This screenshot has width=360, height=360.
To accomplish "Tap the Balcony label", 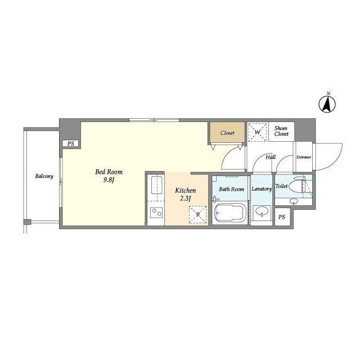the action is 44,176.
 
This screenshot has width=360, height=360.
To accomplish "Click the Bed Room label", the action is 109,172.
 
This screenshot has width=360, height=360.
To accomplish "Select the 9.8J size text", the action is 109,180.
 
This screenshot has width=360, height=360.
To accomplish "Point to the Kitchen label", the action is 186,190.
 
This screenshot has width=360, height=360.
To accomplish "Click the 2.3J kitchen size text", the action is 186,199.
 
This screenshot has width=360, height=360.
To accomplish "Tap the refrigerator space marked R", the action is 197,215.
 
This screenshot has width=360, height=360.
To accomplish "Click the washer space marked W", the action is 258,132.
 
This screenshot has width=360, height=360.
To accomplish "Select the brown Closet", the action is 227,133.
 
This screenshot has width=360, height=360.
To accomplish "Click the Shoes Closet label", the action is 281,131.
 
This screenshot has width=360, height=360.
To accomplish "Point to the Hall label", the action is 271,157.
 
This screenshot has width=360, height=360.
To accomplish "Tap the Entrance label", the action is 304,157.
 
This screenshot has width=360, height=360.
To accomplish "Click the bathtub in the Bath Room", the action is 230,213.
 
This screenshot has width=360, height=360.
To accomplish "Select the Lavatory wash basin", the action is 262,211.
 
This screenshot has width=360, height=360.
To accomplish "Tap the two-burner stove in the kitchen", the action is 156,213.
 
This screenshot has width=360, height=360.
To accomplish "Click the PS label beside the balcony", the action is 71,144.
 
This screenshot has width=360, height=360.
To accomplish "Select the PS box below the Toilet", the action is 282,217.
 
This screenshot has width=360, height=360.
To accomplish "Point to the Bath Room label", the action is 231,189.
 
